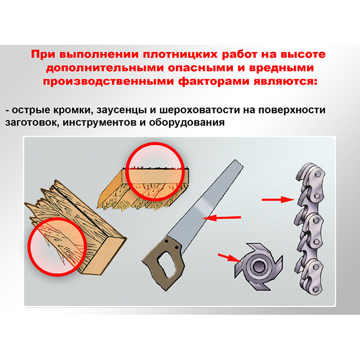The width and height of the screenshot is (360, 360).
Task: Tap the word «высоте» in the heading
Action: point(303,55)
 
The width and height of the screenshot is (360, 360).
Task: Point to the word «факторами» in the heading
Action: point(213,82)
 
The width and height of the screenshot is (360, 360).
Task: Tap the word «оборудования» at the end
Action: point(187,122)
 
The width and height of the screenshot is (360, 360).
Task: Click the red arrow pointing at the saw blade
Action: point(222,218)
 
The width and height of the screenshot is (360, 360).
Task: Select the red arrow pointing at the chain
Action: point(278,200)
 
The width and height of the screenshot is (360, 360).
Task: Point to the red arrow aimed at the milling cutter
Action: point(229,258)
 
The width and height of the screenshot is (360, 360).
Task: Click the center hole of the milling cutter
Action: point(258,266)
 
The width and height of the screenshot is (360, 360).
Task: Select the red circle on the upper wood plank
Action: point(155,171)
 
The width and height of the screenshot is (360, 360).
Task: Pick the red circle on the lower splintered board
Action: point(58,246)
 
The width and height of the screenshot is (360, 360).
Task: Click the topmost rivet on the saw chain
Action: point(317,174)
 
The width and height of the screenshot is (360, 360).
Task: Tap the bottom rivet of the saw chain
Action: point(315,289)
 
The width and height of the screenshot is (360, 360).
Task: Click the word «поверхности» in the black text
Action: point(292,110)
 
